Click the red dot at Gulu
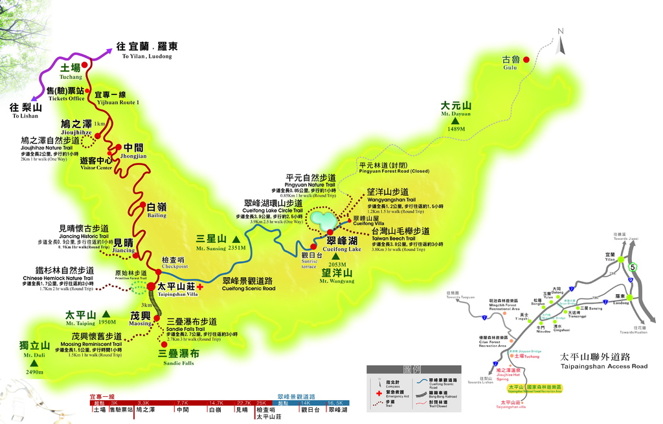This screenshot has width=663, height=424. [526, 59]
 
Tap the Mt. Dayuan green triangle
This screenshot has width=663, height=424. [455, 120]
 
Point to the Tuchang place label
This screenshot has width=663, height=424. [71, 71]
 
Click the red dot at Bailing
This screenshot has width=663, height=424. [142, 205]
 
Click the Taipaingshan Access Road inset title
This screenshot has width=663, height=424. [603, 361]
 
